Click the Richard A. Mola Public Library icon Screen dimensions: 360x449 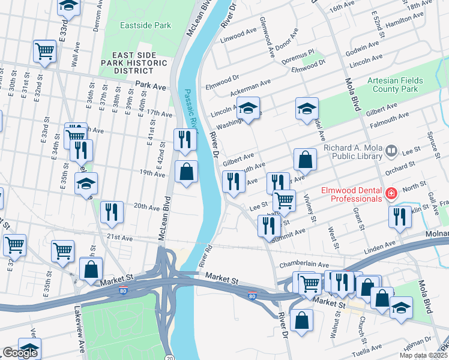coord(392,149)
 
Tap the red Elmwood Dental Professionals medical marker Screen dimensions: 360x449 coord(391,193)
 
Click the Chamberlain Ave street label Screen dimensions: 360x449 coord(307,265)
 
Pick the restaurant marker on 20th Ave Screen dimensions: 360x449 coord(112,211)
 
